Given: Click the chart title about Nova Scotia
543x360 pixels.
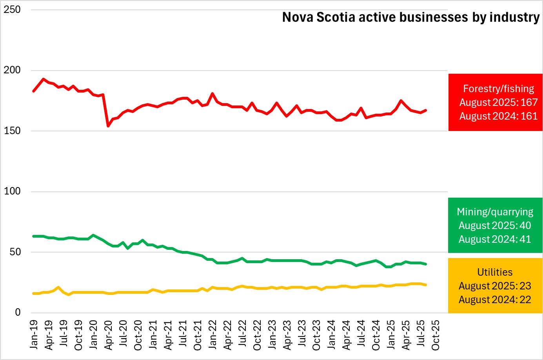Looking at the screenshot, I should pyautogui.click(x=410, y=17).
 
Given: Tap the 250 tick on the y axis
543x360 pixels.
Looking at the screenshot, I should pyautogui.click(x=12, y=10).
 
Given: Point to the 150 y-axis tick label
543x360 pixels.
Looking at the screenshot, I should pyautogui.click(x=12, y=131).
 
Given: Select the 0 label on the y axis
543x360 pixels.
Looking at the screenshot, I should pyautogui.click(x=18, y=313).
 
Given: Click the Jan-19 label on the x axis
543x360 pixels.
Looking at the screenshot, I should pyautogui.click(x=34, y=335).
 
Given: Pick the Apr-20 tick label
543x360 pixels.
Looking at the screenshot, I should pyautogui.click(x=109, y=335).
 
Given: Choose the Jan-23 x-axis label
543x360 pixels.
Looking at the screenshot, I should pyautogui.click(x=272, y=335).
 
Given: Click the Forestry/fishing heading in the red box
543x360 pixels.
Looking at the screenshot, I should pyautogui.click(x=498, y=89).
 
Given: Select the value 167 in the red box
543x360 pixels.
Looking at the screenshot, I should pyautogui.click(x=529, y=102).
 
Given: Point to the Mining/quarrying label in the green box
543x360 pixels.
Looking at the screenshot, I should pyautogui.click(x=495, y=212).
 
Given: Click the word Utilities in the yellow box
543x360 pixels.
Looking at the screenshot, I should pyautogui.click(x=495, y=272).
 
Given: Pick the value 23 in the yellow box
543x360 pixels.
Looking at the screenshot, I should pyautogui.click(x=525, y=286).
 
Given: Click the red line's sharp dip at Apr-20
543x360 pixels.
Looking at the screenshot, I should pyautogui.click(x=108, y=126).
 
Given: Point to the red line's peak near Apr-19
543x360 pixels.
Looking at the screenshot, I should pyautogui.click(x=43, y=79).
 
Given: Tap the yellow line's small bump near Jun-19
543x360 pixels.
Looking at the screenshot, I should pyautogui.click(x=58, y=287).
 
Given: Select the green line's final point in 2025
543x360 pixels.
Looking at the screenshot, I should pyautogui.click(x=426, y=264).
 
